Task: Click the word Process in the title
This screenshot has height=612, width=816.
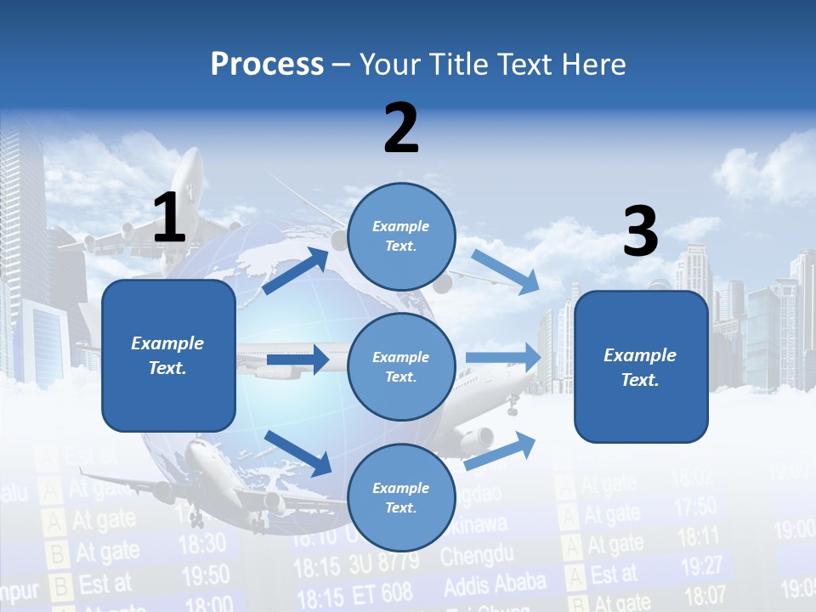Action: pyautogui.click(x=267, y=64)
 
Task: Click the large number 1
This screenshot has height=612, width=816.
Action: pyautogui.click(x=169, y=217)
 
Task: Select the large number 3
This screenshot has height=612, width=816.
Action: pyautogui.click(x=640, y=231)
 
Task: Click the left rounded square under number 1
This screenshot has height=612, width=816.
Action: pyautogui.click(x=168, y=355)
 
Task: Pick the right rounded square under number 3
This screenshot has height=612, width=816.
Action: pyautogui.click(x=641, y=367)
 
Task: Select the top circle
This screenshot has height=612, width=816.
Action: pyautogui.click(x=401, y=236)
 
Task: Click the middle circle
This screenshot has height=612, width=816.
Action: pyautogui.click(x=401, y=367)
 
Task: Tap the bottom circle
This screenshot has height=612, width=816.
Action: pyautogui.click(x=401, y=498)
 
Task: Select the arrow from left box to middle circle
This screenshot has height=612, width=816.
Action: pyautogui.click(x=297, y=360)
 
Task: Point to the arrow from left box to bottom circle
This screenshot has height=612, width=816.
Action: pyautogui.click(x=298, y=453)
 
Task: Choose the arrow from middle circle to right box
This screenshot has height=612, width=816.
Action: pyautogui.click(x=503, y=357)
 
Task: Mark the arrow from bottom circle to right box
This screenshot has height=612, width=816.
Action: pyautogui.click(x=501, y=450)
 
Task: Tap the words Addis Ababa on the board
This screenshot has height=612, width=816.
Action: pyautogui.click(x=494, y=586)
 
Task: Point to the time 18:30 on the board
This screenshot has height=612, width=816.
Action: pyautogui.click(x=202, y=542)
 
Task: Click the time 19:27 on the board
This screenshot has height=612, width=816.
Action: pyautogui.click(x=702, y=564)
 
